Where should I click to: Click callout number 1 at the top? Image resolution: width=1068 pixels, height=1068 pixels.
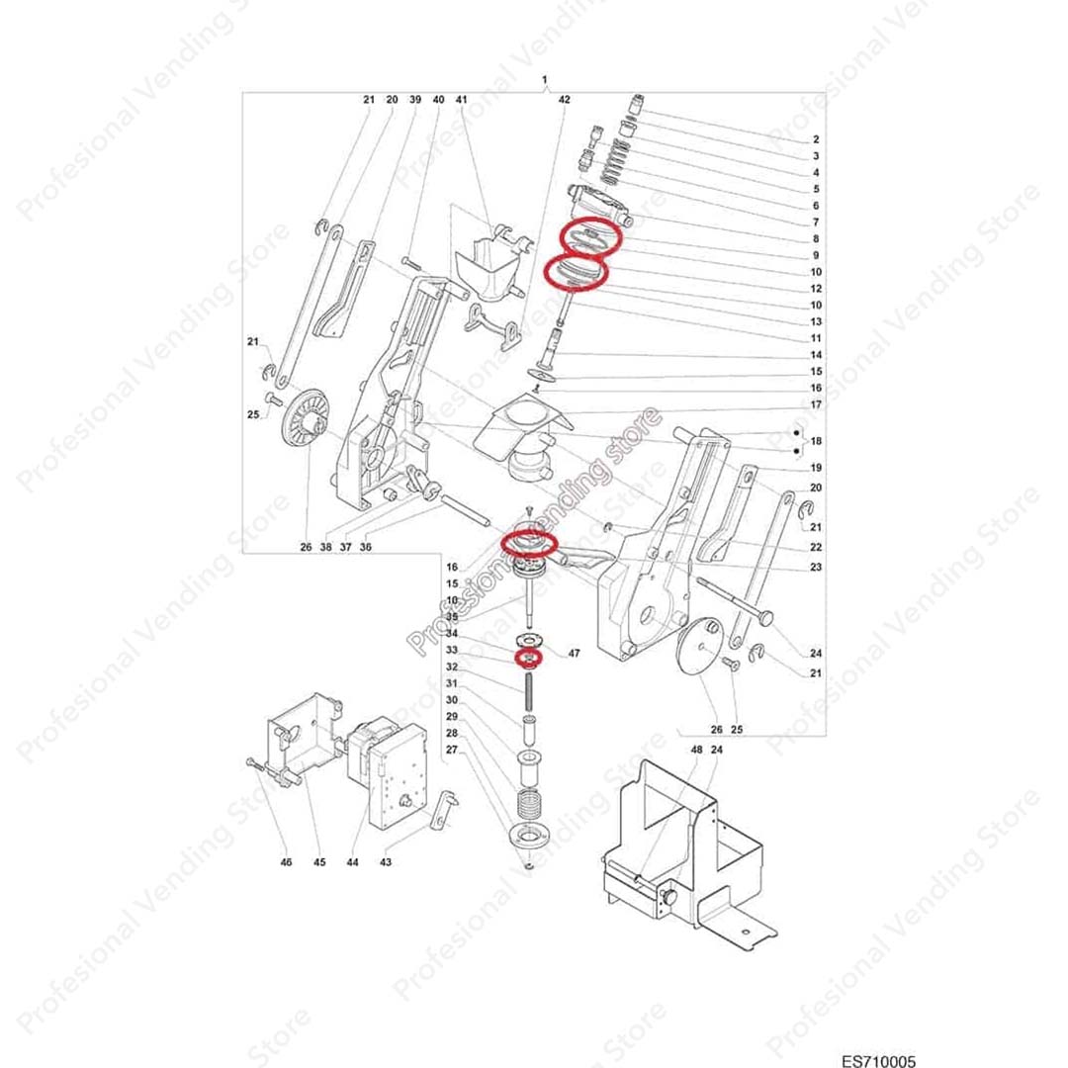[x=544, y=78]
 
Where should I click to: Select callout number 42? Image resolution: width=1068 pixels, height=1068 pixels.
[x=565, y=100]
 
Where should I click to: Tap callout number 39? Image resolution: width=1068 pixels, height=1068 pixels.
[x=415, y=100]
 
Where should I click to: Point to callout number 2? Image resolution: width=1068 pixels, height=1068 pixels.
[x=816, y=139]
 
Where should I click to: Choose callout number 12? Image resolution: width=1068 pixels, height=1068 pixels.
[x=817, y=288]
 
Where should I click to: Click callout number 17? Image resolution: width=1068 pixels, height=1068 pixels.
[x=817, y=404]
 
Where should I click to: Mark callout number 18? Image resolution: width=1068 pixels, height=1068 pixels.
[x=817, y=440]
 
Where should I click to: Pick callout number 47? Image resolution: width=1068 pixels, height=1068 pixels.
[x=575, y=655]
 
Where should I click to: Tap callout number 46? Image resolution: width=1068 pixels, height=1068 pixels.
[x=286, y=862]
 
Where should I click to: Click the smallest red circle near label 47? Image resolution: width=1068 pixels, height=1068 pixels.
[x=527, y=656]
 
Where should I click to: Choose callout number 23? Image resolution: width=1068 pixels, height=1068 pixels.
[x=817, y=567]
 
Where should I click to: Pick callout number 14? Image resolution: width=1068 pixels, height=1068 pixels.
[x=817, y=354]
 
